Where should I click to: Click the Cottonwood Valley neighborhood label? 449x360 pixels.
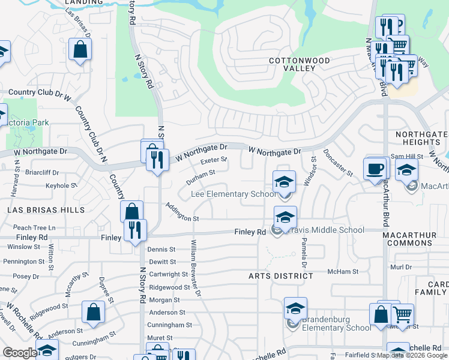[x=299, y=65]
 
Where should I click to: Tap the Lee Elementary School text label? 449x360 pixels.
[x=234, y=194]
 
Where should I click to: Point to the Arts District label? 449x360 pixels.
[x=281, y=276]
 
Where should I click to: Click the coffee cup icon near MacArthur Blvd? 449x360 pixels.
[x=376, y=169]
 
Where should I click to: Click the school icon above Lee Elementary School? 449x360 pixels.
[x=285, y=182]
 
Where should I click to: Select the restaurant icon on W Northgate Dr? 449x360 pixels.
[x=157, y=160]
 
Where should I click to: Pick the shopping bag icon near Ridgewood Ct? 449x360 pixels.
[x=93, y=312]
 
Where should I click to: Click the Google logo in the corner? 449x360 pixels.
[x=19, y=353]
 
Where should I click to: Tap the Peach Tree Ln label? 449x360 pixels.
[x=34, y=228]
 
